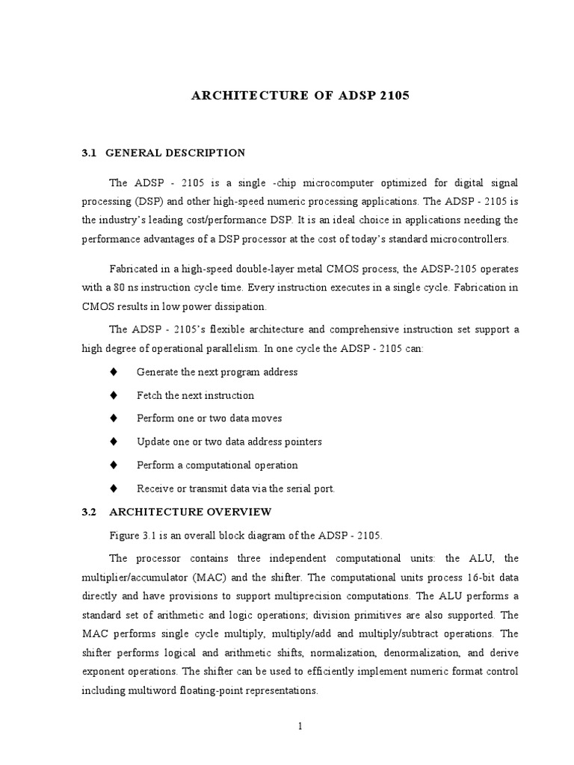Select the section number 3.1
(90, 153)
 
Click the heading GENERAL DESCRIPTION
(176, 153)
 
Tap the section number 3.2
(90, 512)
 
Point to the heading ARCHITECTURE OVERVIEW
(191, 512)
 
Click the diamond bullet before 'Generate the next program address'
(114, 371)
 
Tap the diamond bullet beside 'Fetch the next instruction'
(114, 394)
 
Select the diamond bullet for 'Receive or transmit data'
(114, 488)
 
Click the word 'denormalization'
(416, 653)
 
